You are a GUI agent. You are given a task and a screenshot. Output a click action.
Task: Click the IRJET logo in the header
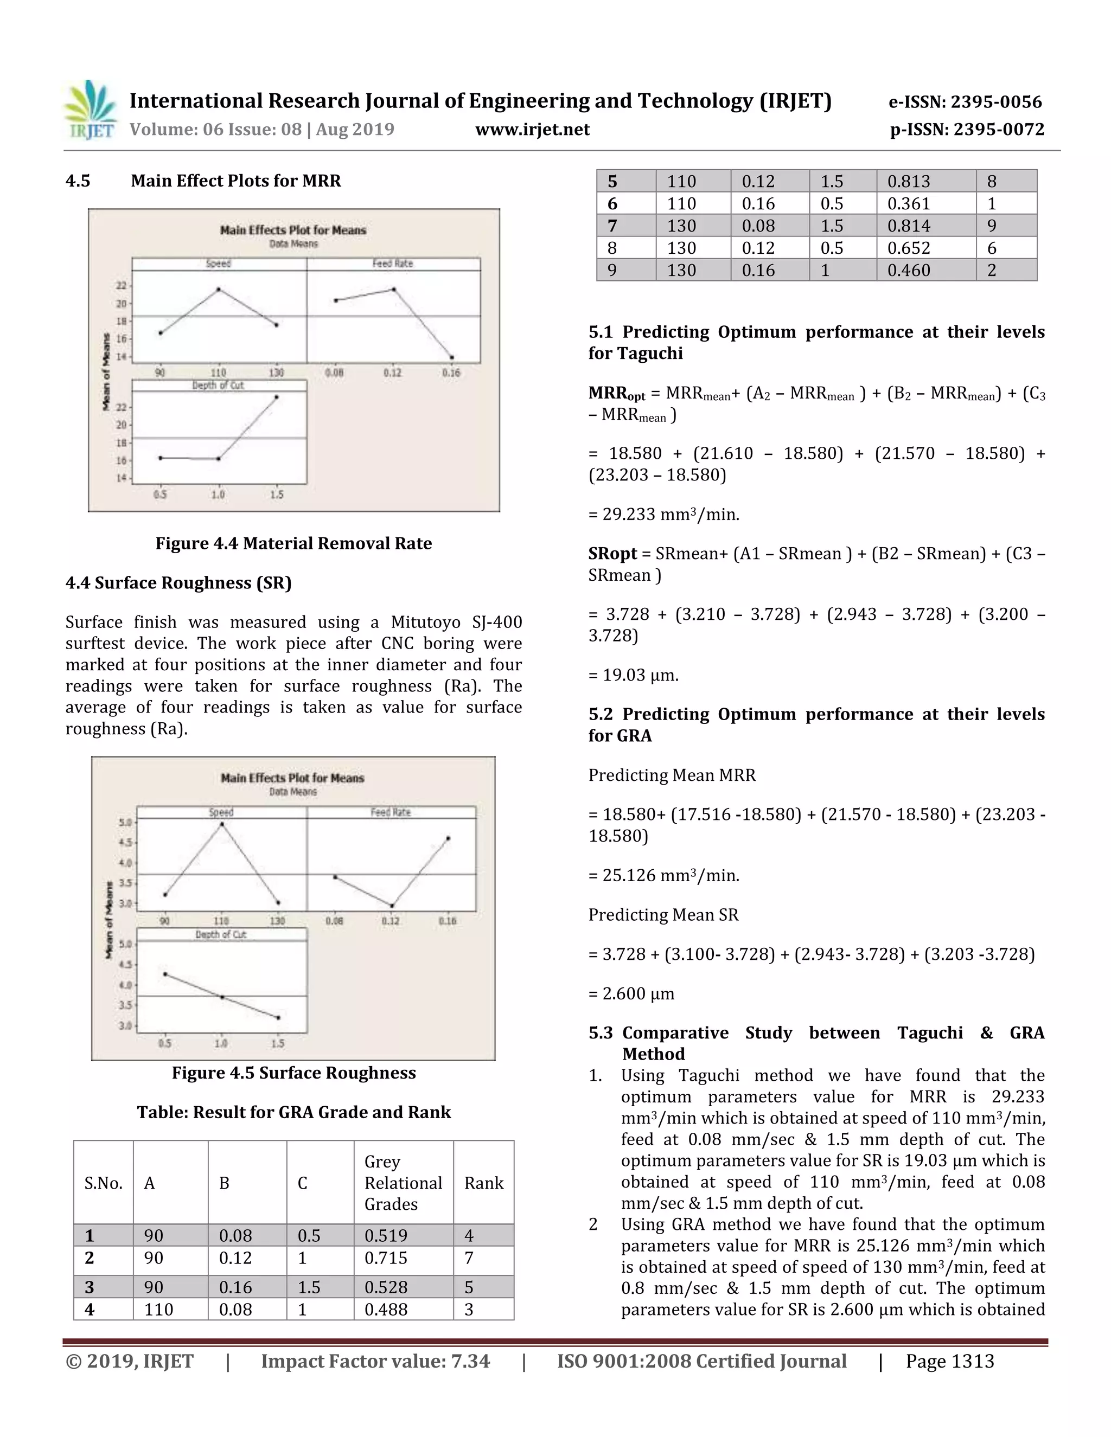(x=91, y=110)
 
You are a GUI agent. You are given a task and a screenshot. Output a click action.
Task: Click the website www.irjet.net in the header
(x=533, y=130)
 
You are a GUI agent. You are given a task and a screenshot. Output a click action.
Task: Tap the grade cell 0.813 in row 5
(x=909, y=182)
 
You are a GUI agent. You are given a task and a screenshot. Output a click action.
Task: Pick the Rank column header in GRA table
(x=484, y=1183)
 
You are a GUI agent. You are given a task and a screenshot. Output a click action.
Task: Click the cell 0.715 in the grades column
(x=386, y=1258)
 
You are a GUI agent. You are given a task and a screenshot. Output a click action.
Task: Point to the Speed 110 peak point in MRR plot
(x=219, y=290)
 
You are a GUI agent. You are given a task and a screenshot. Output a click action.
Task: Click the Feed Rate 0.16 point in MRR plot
(x=451, y=357)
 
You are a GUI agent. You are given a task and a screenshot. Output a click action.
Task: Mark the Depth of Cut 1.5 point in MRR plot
(x=277, y=397)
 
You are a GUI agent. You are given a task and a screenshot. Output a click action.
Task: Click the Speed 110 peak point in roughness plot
(x=222, y=824)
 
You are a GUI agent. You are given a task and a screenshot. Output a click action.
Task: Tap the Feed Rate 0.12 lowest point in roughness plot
(x=392, y=906)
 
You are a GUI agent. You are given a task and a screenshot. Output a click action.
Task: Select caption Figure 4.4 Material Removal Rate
(x=293, y=543)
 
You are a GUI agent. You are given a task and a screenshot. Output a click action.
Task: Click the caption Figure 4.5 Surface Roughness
(x=293, y=1073)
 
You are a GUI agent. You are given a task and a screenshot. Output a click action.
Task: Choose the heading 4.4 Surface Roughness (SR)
(x=178, y=583)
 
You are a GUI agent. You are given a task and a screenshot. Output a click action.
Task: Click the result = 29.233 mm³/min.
(x=664, y=515)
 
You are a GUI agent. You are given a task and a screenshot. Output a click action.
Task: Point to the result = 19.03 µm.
(x=633, y=675)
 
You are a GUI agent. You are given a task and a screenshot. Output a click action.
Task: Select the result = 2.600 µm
(x=631, y=993)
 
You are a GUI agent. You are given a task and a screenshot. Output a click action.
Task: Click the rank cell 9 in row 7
(x=992, y=226)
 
